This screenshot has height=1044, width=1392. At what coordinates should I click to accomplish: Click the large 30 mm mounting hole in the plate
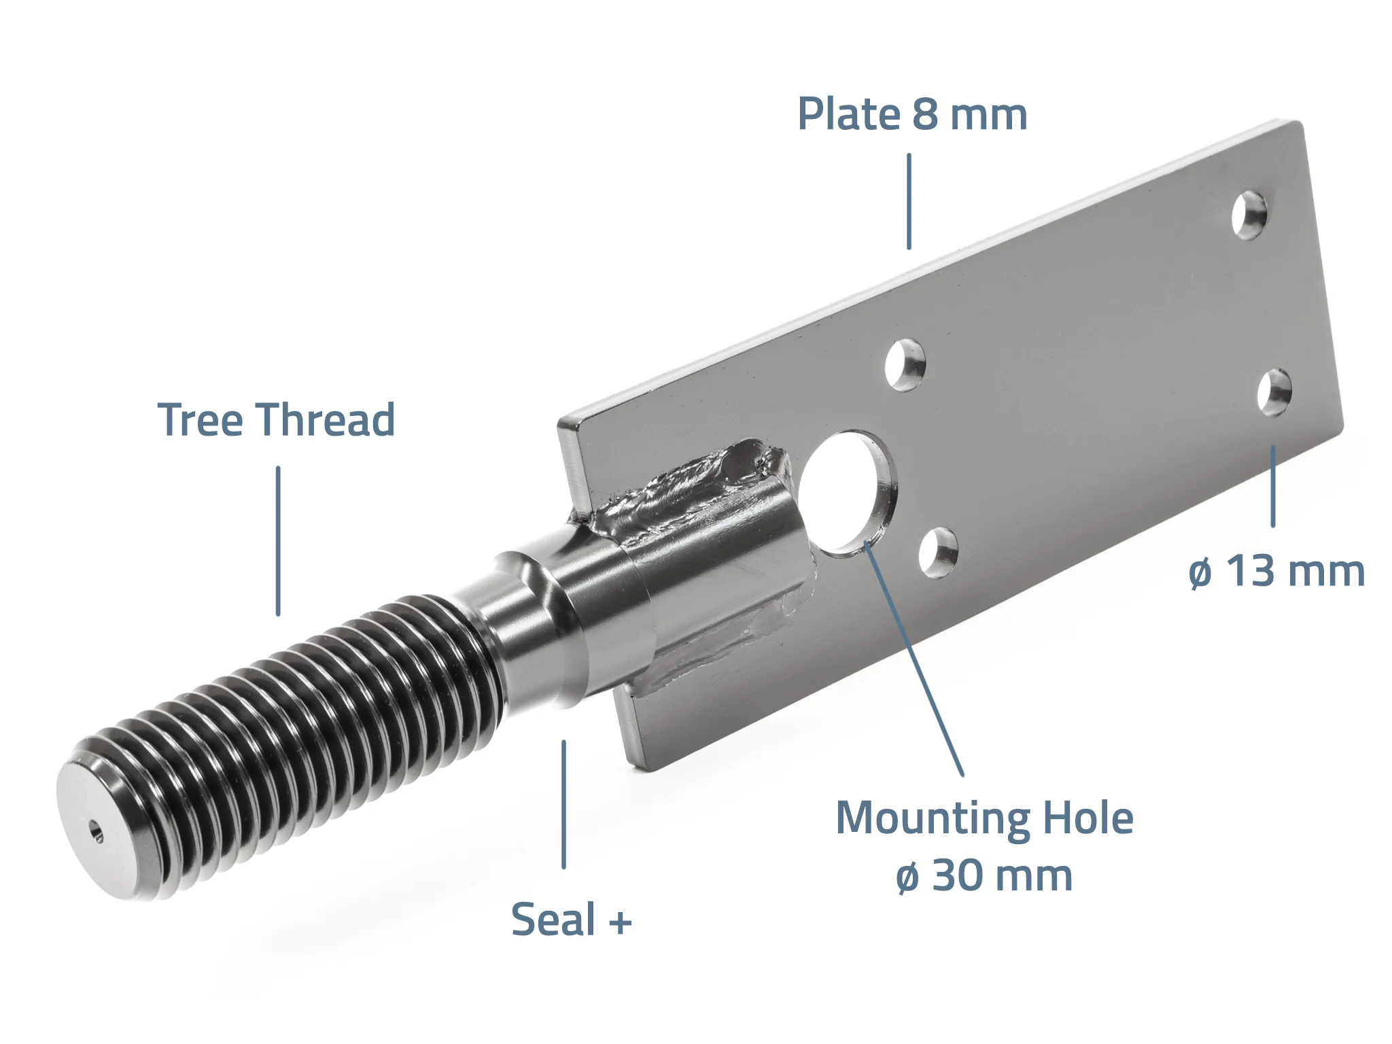847,493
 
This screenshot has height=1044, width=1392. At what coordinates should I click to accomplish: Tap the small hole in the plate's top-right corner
1250,216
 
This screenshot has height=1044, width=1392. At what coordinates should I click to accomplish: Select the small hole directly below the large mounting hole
939,553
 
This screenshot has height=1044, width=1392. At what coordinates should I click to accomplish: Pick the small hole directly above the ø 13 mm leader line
1274,392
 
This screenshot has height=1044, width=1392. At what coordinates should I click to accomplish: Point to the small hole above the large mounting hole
905,365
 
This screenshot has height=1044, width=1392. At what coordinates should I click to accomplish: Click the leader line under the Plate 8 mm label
909,201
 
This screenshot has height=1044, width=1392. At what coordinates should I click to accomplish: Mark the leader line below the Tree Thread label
278,541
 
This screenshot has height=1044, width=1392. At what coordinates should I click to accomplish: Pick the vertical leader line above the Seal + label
563,805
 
